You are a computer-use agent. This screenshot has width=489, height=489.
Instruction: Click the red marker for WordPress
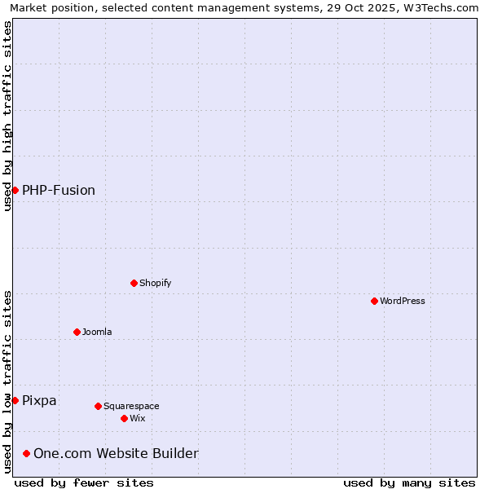[x=374, y=301]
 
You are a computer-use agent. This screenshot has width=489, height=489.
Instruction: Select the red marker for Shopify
[x=134, y=283]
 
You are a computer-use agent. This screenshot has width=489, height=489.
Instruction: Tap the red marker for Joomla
[x=77, y=332]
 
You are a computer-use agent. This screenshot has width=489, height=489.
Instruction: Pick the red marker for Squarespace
[x=98, y=406]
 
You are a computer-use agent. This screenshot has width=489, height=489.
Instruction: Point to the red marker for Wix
[x=124, y=418]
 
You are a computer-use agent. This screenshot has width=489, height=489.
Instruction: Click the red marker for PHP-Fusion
[x=15, y=190]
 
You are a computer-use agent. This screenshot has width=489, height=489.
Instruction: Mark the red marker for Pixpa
[x=15, y=400]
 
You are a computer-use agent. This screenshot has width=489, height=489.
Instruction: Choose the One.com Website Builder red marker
[x=26, y=453]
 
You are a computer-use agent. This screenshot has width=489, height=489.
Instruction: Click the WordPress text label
[x=403, y=301]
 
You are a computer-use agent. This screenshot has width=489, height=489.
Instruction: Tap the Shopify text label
[x=155, y=283]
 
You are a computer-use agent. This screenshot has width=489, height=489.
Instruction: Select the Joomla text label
[x=97, y=332]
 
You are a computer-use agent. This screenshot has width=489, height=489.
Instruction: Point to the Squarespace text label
[x=131, y=406]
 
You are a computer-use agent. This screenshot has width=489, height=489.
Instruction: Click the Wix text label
[x=137, y=418]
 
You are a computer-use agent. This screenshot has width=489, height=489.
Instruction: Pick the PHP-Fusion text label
[x=59, y=191]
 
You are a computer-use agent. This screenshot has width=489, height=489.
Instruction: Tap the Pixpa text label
[x=39, y=400]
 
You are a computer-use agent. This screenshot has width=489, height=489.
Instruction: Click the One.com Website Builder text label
[x=116, y=453]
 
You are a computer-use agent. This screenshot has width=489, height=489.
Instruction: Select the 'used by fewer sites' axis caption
[x=84, y=482]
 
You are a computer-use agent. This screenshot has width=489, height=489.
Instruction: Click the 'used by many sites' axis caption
[x=409, y=482]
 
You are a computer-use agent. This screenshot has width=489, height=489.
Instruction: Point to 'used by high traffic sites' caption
[x=7, y=116]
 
